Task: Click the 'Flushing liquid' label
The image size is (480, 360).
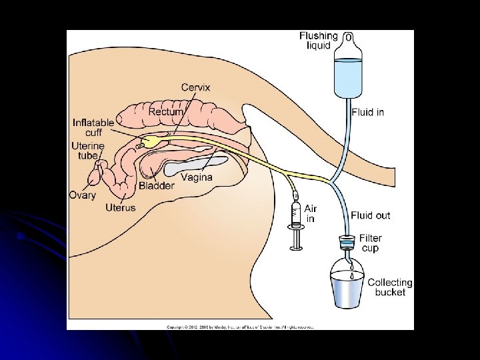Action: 319,40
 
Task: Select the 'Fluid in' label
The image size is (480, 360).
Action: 367,112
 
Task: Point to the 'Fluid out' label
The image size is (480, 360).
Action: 371,215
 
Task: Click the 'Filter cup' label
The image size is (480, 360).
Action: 370,243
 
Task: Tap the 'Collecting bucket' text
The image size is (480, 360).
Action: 390,287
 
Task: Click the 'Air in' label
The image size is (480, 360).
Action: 311,213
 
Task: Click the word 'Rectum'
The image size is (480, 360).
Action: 166,112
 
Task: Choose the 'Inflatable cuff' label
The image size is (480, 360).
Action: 93,127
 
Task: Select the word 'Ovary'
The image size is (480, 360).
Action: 83,195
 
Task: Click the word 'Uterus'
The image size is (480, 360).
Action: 120,208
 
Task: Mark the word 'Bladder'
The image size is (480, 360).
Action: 157,186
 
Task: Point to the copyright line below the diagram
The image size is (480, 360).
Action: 240,327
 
